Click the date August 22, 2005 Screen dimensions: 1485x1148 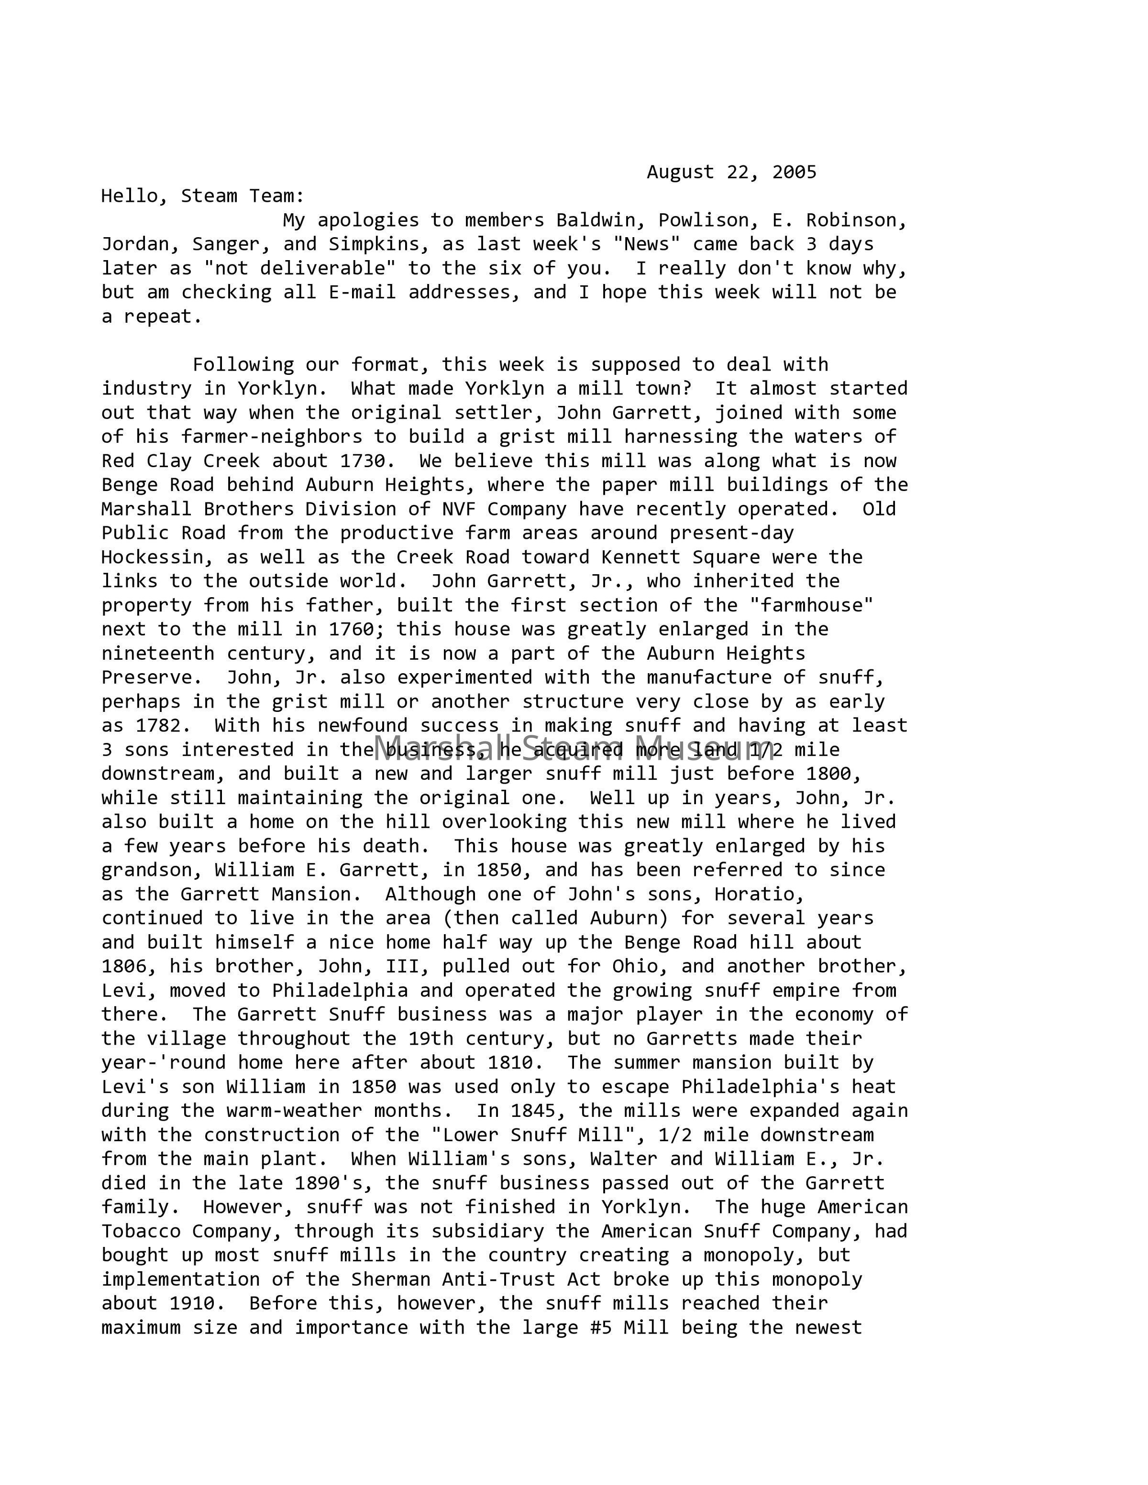tap(731, 172)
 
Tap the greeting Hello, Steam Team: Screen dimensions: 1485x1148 tap(203, 197)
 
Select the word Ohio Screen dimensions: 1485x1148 tap(635, 966)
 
